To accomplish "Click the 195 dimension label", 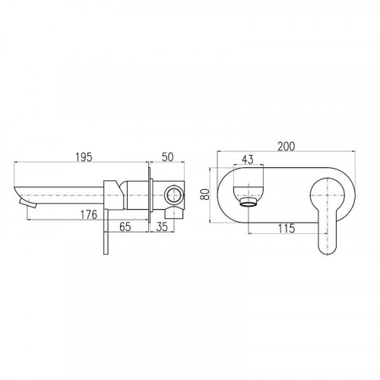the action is click(84, 157).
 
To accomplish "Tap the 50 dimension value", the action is click(167, 157).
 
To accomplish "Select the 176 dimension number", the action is click(89, 214).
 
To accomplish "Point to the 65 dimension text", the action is click(125, 226).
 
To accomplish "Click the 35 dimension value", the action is click(162, 226).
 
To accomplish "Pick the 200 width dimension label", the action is click(287, 147).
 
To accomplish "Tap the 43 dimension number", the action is click(248, 160).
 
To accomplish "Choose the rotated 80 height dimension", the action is click(205, 195).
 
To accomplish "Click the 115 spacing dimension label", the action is click(287, 229).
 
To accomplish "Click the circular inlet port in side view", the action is click(173, 195).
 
